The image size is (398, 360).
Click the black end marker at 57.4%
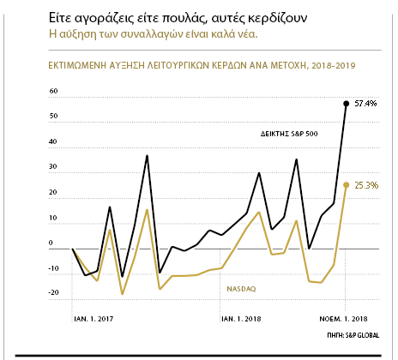click(347, 104)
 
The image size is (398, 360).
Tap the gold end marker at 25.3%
click(347, 185)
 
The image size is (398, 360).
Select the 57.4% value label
click(365, 104)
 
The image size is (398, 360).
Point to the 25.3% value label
click(366, 185)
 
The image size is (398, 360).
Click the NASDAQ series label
click(241, 289)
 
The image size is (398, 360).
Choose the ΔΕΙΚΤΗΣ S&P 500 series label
click(289, 134)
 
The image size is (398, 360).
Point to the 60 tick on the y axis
click(53, 91)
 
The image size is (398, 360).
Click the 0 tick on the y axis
click(51, 243)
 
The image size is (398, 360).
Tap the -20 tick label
click(53, 292)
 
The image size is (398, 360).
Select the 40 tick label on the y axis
click(53, 141)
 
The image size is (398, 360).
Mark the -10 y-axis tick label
click(53, 268)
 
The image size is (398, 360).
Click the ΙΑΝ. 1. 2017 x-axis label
click(93, 319)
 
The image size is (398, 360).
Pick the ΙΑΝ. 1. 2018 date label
click(241, 319)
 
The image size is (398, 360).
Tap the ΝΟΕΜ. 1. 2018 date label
click(343, 319)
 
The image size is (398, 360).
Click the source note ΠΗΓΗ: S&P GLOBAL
click(353, 335)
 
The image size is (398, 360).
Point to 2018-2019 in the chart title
click(334, 65)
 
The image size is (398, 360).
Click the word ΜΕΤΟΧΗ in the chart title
click(288, 65)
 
